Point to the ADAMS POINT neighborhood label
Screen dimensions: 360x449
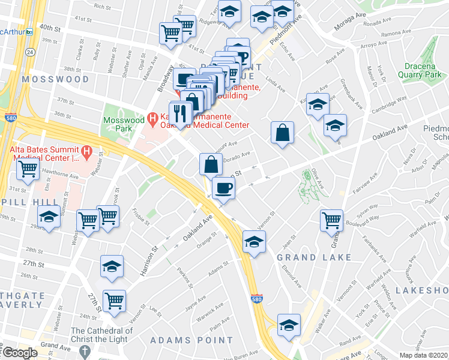tap(191, 340)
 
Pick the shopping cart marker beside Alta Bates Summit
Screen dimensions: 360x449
tap(28, 170)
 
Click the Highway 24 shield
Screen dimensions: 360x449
tap(31, 53)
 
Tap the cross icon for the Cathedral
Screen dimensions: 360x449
tap(86, 350)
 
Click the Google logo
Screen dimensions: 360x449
tap(19, 353)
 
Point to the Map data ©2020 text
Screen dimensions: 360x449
tap(423, 355)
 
